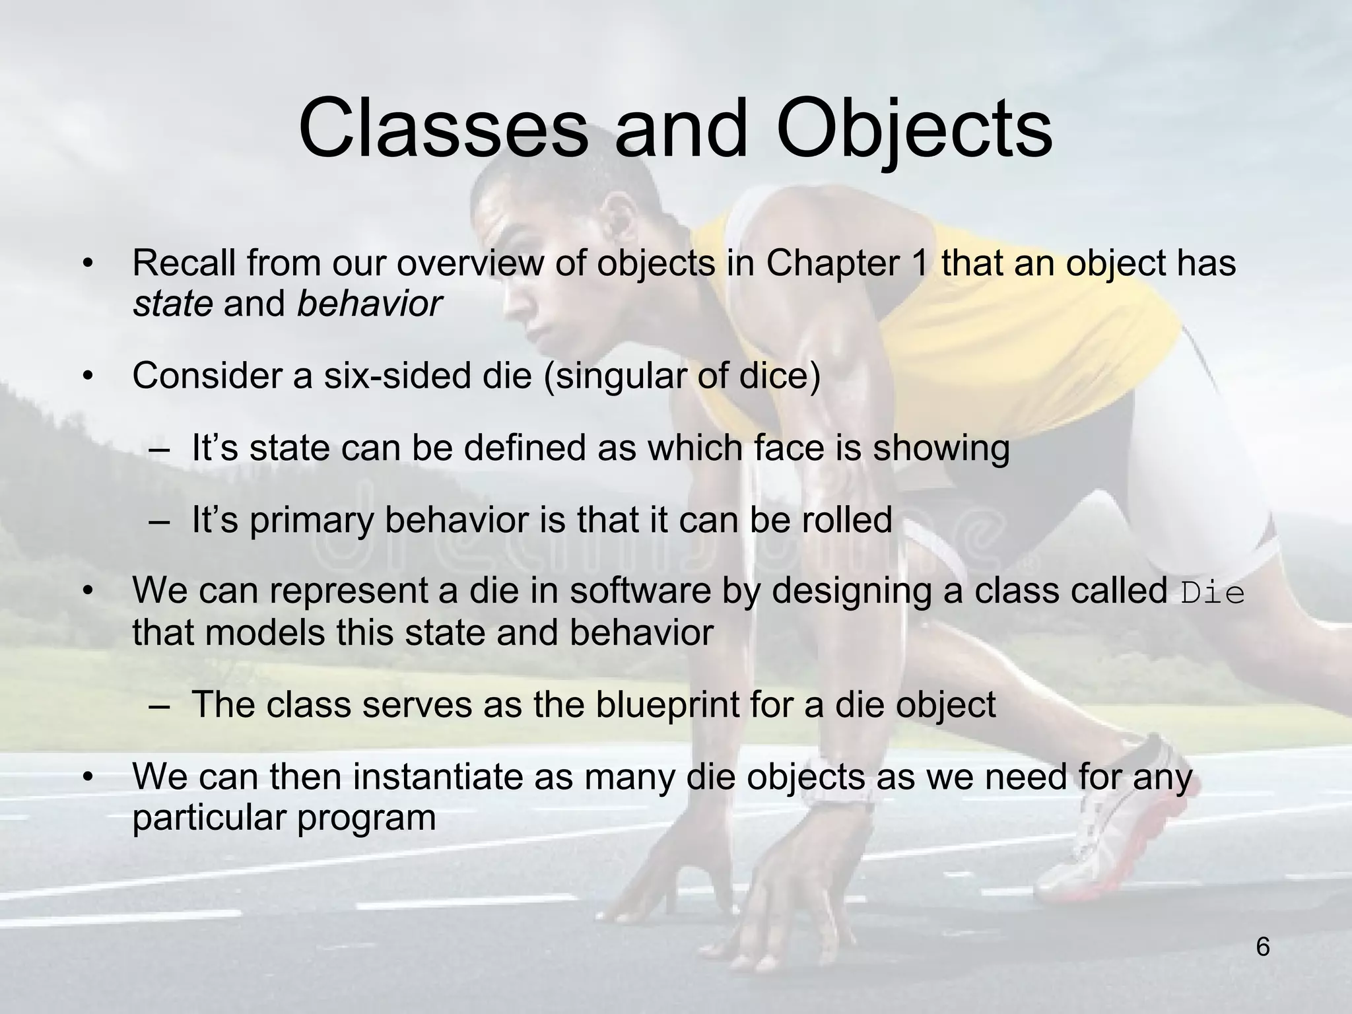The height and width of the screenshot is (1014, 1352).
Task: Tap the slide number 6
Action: pyautogui.click(x=1262, y=947)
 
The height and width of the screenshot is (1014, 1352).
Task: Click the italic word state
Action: pyautogui.click(x=172, y=304)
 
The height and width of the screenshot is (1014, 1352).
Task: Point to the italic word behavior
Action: pyautogui.click(x=368, y=304)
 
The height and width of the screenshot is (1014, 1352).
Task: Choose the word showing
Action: pyautogui.click(x=941, y=449)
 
